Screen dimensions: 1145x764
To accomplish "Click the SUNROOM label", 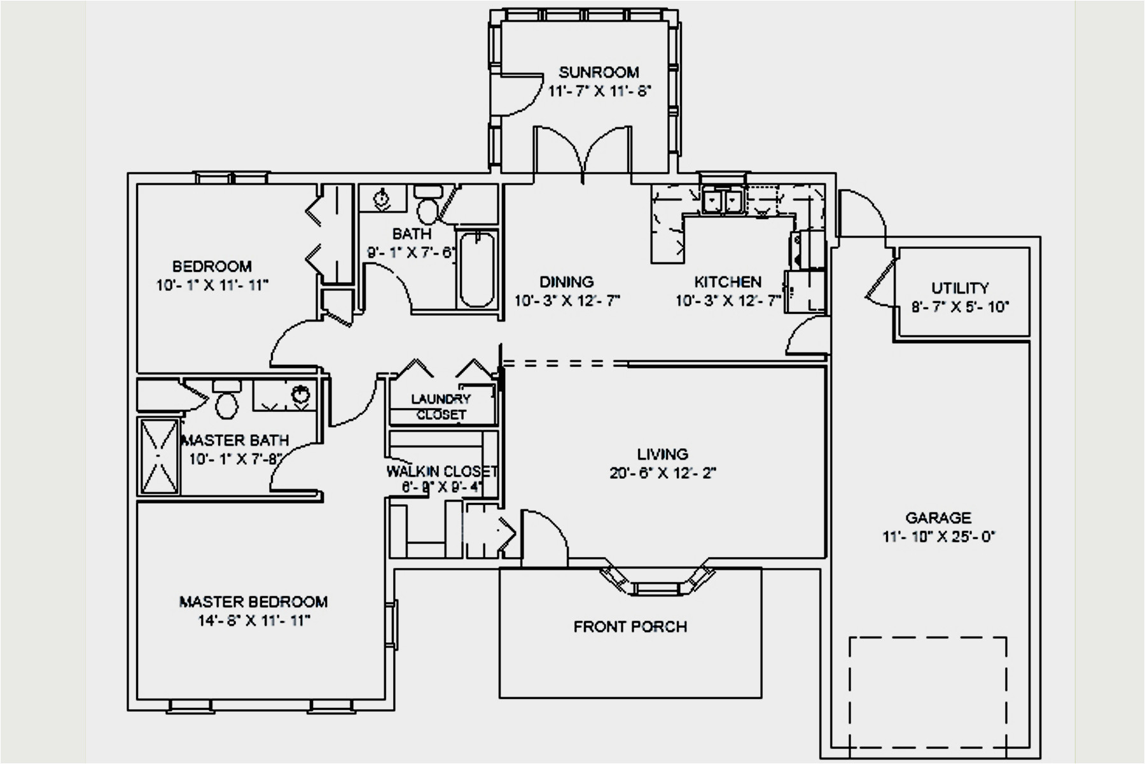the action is tap(599, 72).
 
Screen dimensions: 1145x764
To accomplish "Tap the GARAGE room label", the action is tap(938, 518).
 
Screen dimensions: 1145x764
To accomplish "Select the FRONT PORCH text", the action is tap(630, 627).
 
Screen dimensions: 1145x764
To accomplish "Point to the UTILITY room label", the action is tap(960, 288).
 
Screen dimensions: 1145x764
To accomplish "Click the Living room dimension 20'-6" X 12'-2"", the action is tap(663, 473).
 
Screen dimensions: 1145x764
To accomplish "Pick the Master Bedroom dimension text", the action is tap(254, 621).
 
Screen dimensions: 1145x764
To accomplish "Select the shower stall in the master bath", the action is tap(159, 456).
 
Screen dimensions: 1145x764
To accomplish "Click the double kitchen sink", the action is tap(724, 201).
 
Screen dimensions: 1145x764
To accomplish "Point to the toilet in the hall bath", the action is tap(427, 202).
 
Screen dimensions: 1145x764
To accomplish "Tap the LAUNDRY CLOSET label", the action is tap(441, 407).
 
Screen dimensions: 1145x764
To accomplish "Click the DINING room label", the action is tap(567, 281).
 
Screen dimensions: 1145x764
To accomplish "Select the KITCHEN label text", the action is tap(728, 281).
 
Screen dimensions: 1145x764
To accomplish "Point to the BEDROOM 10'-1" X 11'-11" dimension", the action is tap(212, 285).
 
